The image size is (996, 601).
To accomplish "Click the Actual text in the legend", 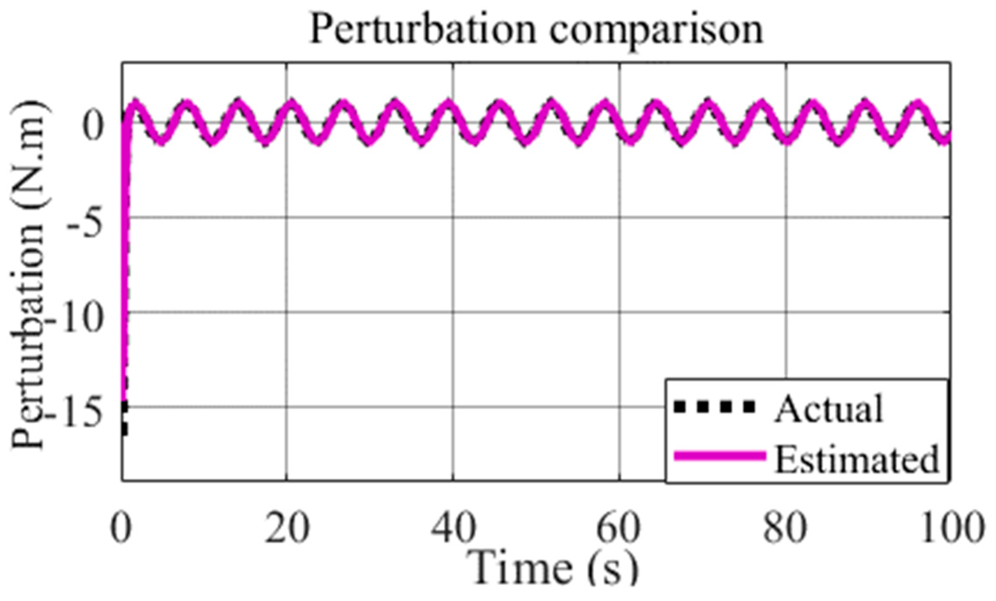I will (x=829, y=409).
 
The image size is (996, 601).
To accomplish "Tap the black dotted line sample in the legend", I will (x=715, y=407).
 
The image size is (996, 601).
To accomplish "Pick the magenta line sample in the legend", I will (x=720, y=456).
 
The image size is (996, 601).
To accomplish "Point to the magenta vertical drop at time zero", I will (x=126, y=264).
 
